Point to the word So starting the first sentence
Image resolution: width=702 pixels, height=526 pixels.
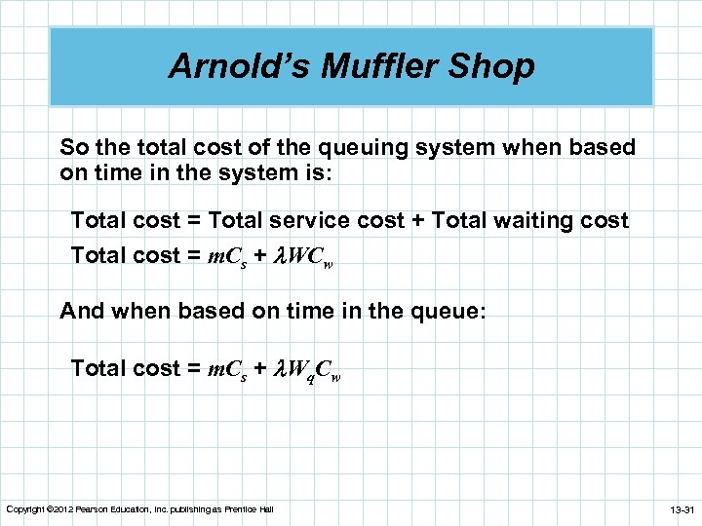[x=73, y=148]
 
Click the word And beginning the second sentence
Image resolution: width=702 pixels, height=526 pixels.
[x=82, y=312]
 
